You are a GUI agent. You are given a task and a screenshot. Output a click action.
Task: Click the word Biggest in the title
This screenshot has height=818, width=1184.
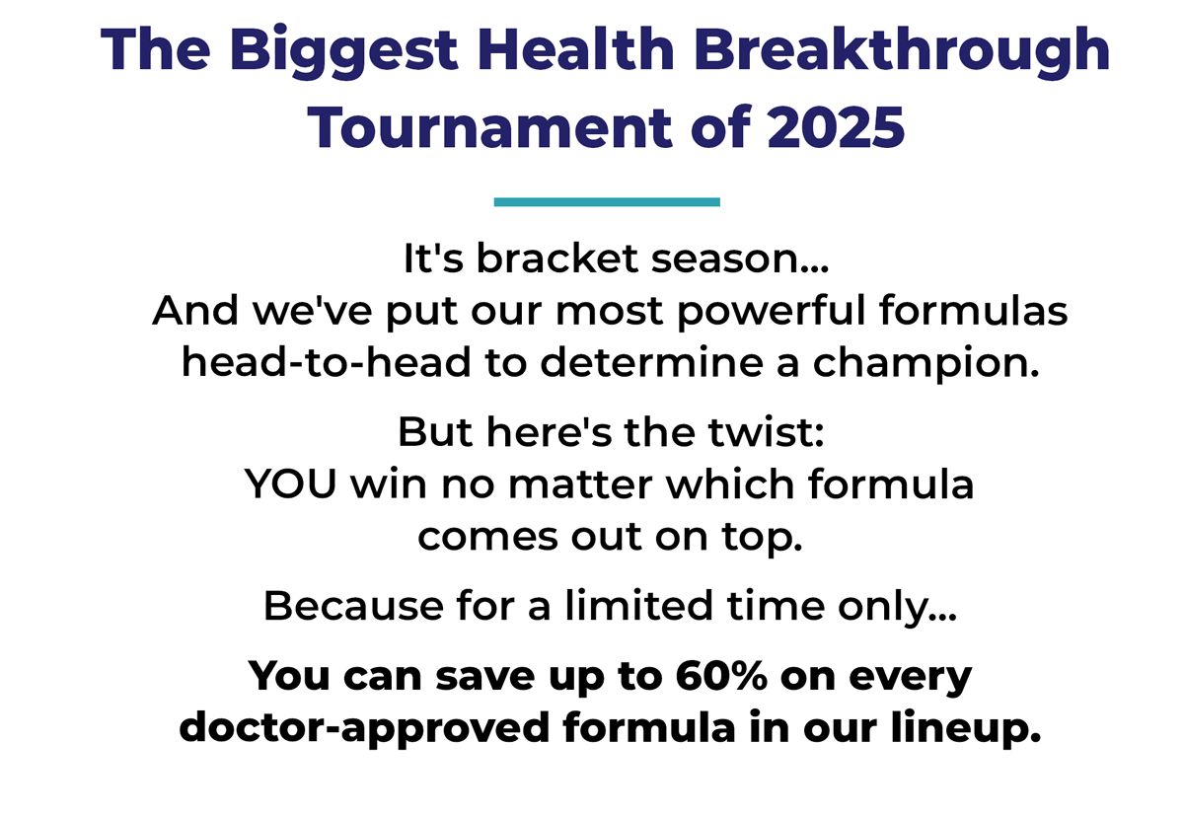click(x=343, y=51)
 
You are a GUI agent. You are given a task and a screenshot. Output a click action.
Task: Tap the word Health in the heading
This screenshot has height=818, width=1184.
click(x=575, y=48)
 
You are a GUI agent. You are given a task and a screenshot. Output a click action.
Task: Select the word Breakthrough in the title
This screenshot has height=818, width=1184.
click(x=901, y=51)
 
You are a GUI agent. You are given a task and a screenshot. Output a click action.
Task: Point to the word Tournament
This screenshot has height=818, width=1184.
click(x=489, y=127)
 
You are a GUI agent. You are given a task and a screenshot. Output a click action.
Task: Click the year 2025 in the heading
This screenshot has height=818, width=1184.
click(x=836, y=127)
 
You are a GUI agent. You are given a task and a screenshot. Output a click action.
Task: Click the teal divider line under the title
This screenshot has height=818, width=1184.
click(x=607, y=201)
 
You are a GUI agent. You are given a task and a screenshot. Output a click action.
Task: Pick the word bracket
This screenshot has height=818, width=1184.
click(x=557, y=259)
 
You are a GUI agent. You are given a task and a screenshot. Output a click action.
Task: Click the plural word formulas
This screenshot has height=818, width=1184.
click(x=974, y=310)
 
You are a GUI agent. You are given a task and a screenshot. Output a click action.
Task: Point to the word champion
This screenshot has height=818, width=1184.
click(x=925, y=364)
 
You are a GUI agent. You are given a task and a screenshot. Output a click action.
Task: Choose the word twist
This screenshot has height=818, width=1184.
click(x=767, y=432)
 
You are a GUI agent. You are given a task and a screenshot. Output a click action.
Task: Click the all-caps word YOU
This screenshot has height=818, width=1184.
click(x=290, y=483)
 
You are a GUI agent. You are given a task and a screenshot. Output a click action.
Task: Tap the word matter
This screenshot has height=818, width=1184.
click(x=580, y=485)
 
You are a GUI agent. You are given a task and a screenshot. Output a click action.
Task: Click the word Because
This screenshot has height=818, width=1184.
click(x=353, y=606)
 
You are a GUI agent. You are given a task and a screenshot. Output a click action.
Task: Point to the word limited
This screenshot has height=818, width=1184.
click(x=639, y=605)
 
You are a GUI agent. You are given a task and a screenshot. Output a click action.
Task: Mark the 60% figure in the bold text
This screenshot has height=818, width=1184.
click(x=721, y=676)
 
